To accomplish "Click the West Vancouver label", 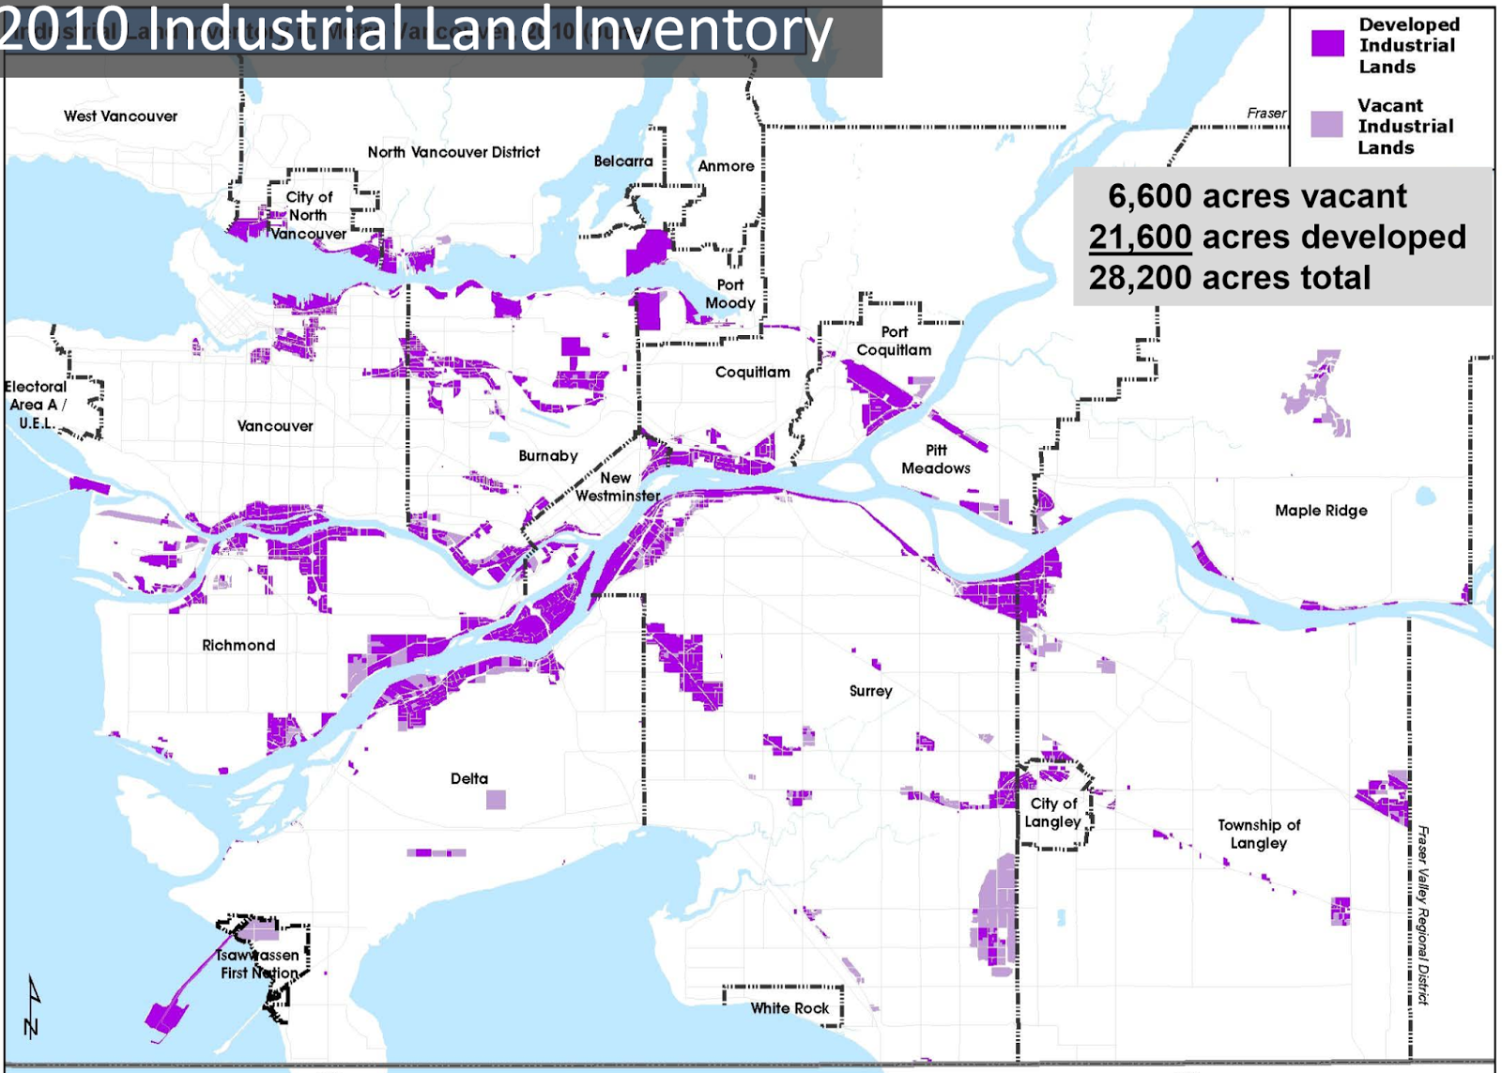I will pos(120,116).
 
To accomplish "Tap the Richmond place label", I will pos(238,645).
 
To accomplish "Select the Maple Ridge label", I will pos(1321,511).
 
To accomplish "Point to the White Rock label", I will pos(789,1008).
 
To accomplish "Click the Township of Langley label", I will pos(1259,834).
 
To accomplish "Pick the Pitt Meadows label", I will pos(936,459).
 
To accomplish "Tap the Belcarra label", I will pos(622,161).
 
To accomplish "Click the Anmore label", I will pos(726,166).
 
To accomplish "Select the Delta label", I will pos(469,778).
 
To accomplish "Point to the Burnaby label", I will pos(548,455).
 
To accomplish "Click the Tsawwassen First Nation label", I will pos(259,964).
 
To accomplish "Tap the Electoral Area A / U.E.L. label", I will pos(36,405).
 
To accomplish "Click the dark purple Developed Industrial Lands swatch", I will pos(1327,43).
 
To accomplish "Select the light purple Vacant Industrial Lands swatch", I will pos(1326,124).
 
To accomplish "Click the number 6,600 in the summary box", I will pos(1150,196).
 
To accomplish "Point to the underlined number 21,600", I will pos(1140,238).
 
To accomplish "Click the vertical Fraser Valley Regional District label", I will pos(1423,915).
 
